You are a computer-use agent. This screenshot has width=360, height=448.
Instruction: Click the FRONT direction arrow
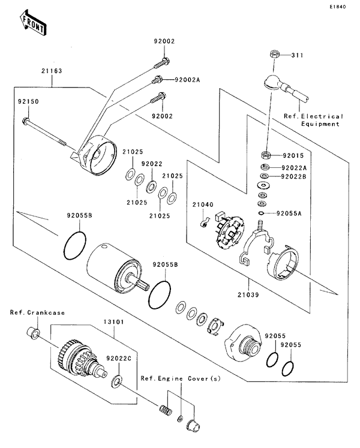[34, 22]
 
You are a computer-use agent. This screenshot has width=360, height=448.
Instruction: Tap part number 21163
[52, 71]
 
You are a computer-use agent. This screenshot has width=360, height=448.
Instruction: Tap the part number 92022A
[293, 168]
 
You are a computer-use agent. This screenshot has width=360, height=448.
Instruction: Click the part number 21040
[203, 205]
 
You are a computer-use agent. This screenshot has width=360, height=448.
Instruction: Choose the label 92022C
[118, 358]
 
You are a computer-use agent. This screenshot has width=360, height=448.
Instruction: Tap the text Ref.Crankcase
[37, 313]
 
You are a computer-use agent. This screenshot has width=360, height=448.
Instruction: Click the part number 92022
[152, 163]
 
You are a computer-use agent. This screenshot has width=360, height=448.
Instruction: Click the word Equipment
[320, 124]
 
